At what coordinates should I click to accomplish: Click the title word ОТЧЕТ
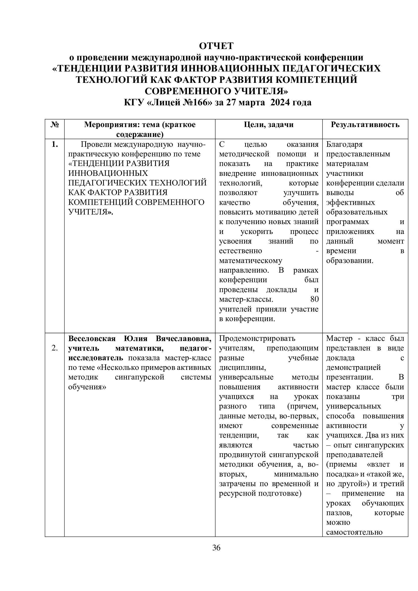(x=216, y=46)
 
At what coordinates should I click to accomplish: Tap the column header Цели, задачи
(x=269, y=125)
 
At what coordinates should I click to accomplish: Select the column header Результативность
(x=365, y=125)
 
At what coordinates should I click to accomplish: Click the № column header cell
(x=55, y=125)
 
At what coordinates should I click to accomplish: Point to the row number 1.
(x=55, y=145)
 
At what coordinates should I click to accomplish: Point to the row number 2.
(x=55, y=348)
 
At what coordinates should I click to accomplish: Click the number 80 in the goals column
(x=314, y=299)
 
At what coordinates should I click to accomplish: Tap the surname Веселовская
(x=92, y=339)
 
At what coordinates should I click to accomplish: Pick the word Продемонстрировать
(x=257, y=339)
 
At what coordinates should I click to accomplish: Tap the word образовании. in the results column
(x=350, y=261)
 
